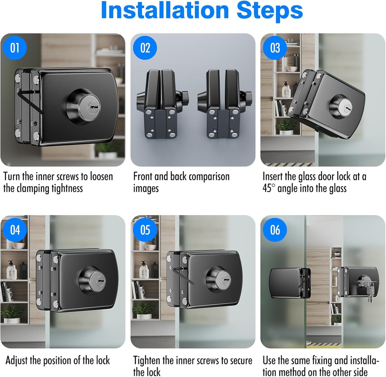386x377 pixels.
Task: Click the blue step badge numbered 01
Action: point(15,48)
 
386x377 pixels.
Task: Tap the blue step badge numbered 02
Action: point(145,48)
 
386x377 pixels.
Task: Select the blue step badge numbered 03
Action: point(275,48)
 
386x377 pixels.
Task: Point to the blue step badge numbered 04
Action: point(15,230)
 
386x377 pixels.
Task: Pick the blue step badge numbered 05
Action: point(145,230)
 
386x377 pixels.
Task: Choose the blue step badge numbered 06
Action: point(275,230)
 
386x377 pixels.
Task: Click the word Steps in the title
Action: point(270,10)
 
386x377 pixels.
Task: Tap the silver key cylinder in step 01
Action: point(90,108)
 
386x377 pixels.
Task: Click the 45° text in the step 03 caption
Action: point(267,189)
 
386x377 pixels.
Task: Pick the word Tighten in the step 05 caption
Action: point(147,361)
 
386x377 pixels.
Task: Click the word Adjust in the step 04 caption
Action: point(16,361)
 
